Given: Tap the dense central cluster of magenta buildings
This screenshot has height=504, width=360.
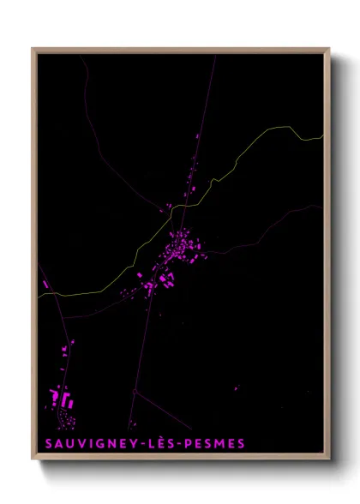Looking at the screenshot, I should click(x=182, y=249).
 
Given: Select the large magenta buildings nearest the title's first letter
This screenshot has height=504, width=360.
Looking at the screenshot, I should click(x=62, y=398).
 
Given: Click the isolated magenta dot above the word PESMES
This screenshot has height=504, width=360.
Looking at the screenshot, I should click(x=237, y=389).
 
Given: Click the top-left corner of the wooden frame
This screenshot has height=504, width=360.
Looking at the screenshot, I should click(x=33, y=49).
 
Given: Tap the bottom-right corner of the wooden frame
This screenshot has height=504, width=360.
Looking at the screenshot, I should click(x=328, y=459).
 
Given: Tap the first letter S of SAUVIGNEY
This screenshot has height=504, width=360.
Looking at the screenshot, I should click(x=46, y=444).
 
